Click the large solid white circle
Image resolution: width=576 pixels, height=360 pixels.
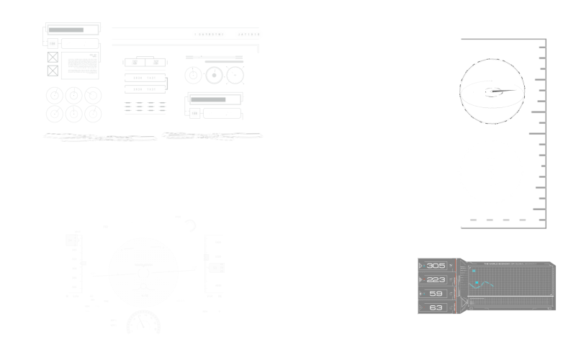[x=143, y=271]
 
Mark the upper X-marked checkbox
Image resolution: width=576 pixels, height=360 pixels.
[x=53, y=56]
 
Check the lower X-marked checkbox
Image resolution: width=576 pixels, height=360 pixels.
[x=53, y=71]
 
